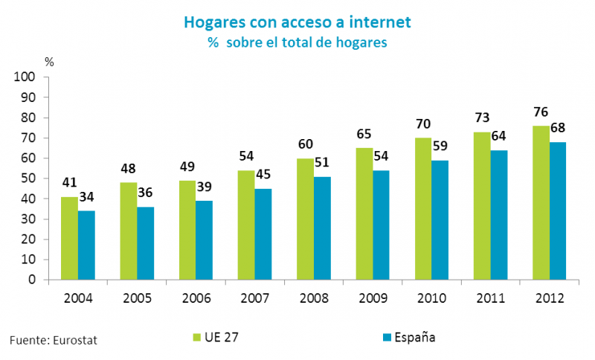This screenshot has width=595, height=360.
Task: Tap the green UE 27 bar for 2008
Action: click(303, 219)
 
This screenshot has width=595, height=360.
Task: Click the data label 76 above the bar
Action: click(541, 112)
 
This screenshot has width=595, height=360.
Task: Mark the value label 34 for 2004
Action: click(86, 197)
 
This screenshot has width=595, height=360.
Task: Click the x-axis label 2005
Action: click(138, 298)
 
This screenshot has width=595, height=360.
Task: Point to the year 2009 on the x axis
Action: click(373, 298)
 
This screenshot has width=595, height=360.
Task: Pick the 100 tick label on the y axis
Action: click(26, 77)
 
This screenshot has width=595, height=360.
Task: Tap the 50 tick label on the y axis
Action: click(28, 179)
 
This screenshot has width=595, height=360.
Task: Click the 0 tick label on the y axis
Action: click(33, 280)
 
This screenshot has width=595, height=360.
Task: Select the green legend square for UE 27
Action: click(196, 337)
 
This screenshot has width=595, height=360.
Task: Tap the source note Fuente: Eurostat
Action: click(54, 340)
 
